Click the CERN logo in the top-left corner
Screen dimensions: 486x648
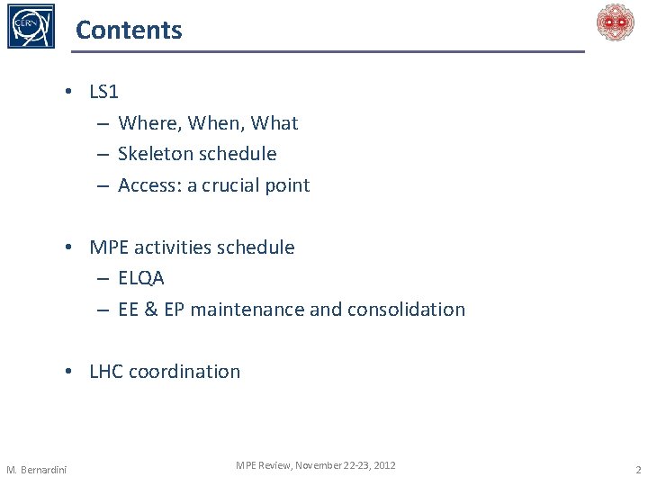[x=31, y=26]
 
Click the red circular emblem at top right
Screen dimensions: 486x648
[x=616, y=22]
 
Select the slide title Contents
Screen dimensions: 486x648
[x=129, y=30]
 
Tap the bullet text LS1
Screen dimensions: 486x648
[x=103, y=92]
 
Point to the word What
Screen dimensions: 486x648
[x=274, y=123]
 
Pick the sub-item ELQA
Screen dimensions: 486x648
[x=141, y=278]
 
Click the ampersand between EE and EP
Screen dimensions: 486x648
[x=149, y=310]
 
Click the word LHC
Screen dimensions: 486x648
[x=106, y=372]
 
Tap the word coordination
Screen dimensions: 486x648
[x=184, y=372]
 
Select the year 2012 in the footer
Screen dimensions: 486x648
[x=383, y=465]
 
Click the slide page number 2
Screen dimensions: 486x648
[x=637, y=470]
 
